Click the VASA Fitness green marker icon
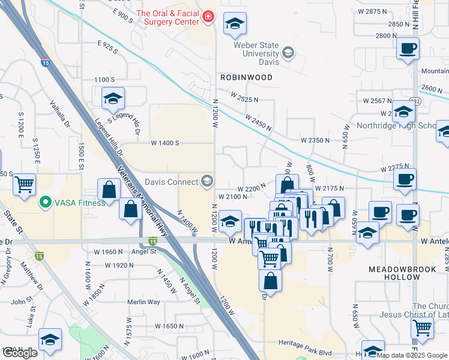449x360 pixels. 44,203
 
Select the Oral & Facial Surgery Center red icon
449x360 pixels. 208,16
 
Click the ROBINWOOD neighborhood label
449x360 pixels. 246,77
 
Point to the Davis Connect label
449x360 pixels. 171,182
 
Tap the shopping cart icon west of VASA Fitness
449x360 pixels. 24,184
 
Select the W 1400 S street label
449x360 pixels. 165,143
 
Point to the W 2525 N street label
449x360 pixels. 244,97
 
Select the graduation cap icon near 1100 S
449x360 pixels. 112,99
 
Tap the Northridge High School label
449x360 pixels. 404,126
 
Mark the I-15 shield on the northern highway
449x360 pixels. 46,62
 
